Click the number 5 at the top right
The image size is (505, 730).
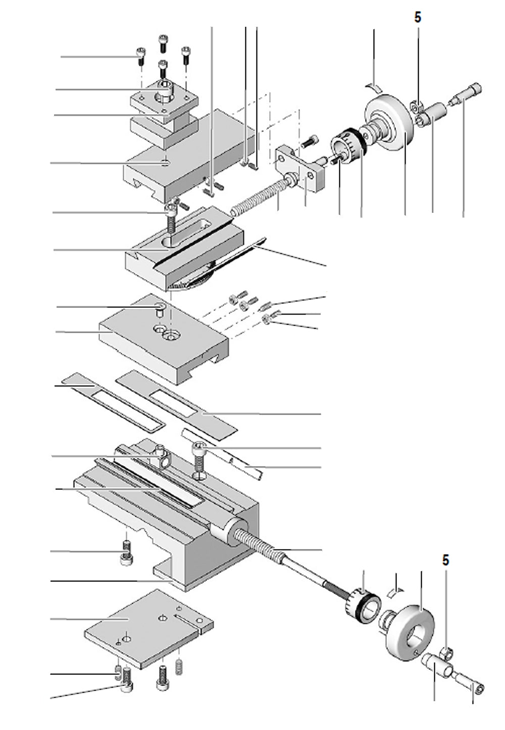click(418, 17)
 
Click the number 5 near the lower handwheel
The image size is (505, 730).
click(445, 560)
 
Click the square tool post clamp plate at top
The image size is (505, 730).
click(162, 98)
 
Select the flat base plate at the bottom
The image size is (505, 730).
click(146, 627)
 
